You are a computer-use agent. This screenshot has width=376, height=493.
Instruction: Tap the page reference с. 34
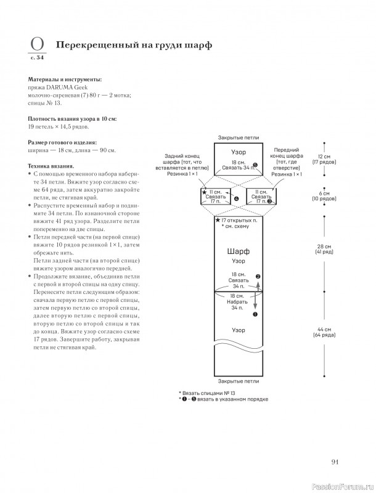[37, 57]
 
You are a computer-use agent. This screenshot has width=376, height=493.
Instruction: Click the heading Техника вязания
[51, 166]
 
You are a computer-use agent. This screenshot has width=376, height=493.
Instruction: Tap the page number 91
[335, 462]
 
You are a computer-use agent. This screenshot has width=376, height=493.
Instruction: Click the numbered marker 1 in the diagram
[255, 314]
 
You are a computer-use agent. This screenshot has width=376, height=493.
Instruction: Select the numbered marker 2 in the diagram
[258, 277]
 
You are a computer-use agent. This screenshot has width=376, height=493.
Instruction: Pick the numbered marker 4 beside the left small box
[236, 198]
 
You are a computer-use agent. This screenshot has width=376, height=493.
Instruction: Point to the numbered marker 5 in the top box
[255, 165]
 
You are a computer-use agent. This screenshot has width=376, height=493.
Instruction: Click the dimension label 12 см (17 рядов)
[324, 160]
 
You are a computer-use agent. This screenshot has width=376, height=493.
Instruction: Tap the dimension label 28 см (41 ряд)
[324, 250]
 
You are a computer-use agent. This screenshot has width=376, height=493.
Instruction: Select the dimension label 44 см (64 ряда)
[324, 332]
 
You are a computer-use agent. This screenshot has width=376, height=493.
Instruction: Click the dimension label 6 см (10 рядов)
[324, 196]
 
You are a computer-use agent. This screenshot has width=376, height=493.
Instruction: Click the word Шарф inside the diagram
[239, 251]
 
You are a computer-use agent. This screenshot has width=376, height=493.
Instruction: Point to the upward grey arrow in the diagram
[258, 287]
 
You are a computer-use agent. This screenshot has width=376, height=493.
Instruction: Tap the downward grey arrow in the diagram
[255, 301]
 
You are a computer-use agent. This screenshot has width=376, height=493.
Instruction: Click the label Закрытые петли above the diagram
[239, 137]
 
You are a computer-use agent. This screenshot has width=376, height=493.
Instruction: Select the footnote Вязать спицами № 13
[207, 393]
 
